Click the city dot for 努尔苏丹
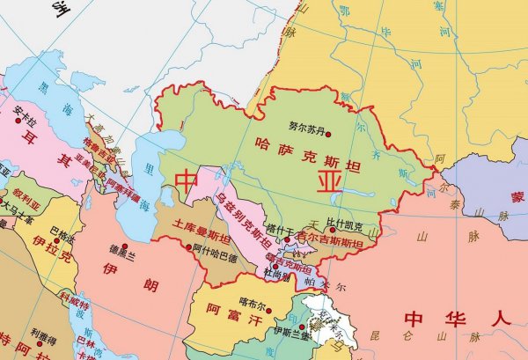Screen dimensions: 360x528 [x=328, y=134]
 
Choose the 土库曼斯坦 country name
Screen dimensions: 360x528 [x=202, y=231]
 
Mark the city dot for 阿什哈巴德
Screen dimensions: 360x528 [x=194, y=247]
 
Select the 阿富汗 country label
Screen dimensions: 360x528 [x=224, y=310]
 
